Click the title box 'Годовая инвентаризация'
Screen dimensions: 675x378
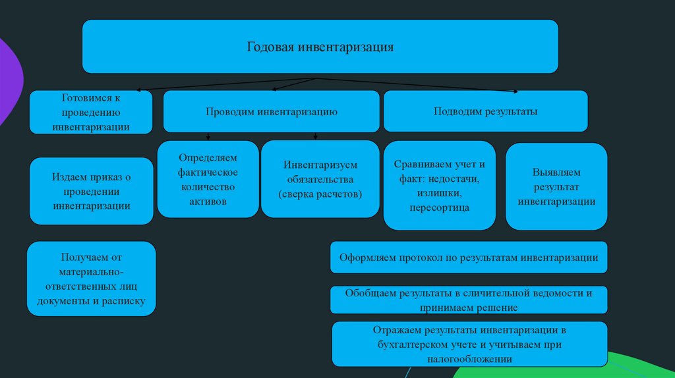(320, 47)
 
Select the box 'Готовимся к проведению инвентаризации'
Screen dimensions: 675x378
(91, 112)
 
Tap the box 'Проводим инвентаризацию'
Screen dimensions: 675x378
(271, 112)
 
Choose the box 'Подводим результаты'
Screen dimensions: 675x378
(485, 112)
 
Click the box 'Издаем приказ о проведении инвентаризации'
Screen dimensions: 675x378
(91, 191)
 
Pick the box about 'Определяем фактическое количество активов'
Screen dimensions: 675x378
(208, 179)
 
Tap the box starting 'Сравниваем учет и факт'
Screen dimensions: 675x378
(439, 186)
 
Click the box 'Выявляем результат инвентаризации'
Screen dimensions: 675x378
(556, 186)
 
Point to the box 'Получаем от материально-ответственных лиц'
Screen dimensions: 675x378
(91, 279)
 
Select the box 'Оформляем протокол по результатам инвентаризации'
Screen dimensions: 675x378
(469, 257)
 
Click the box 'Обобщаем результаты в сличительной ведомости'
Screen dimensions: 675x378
(469, 300)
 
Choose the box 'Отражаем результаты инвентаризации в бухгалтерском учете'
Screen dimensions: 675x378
(469, 344)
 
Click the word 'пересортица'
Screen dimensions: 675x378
(439, 208)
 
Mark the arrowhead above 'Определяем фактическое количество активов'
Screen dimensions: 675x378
(208, 138)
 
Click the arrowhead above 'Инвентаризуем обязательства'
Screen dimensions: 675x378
(316, 138)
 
